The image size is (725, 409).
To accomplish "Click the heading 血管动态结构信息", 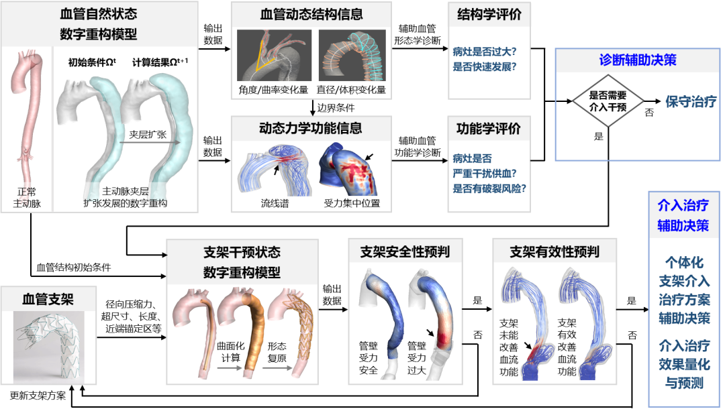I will (x=311, y=15).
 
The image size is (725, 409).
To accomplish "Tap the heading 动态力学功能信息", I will (x=311, y=128).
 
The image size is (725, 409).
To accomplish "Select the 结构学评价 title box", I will (x=489, y=15).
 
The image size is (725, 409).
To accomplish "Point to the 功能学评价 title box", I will (x=489, y=128).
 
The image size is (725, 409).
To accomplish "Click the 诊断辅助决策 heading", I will (x=637, y=60).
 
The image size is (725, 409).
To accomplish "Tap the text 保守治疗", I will (x=691, y=102).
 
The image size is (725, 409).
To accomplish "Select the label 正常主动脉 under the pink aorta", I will (x=27, y=198).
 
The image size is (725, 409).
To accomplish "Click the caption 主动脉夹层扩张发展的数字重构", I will (x=125, y=198).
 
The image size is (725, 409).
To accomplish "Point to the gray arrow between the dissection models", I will (x=150, y=142).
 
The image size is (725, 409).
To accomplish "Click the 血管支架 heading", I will (x=48, y=299).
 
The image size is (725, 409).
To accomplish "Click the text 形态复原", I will (x=277, y=351).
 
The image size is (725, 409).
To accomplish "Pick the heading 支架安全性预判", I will (x=405, y=252).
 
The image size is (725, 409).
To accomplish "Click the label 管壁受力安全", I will (x=369, y=358).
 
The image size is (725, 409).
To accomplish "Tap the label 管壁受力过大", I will (x=417, y=358).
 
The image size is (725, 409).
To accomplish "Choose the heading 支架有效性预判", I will (x=554, y=252).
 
